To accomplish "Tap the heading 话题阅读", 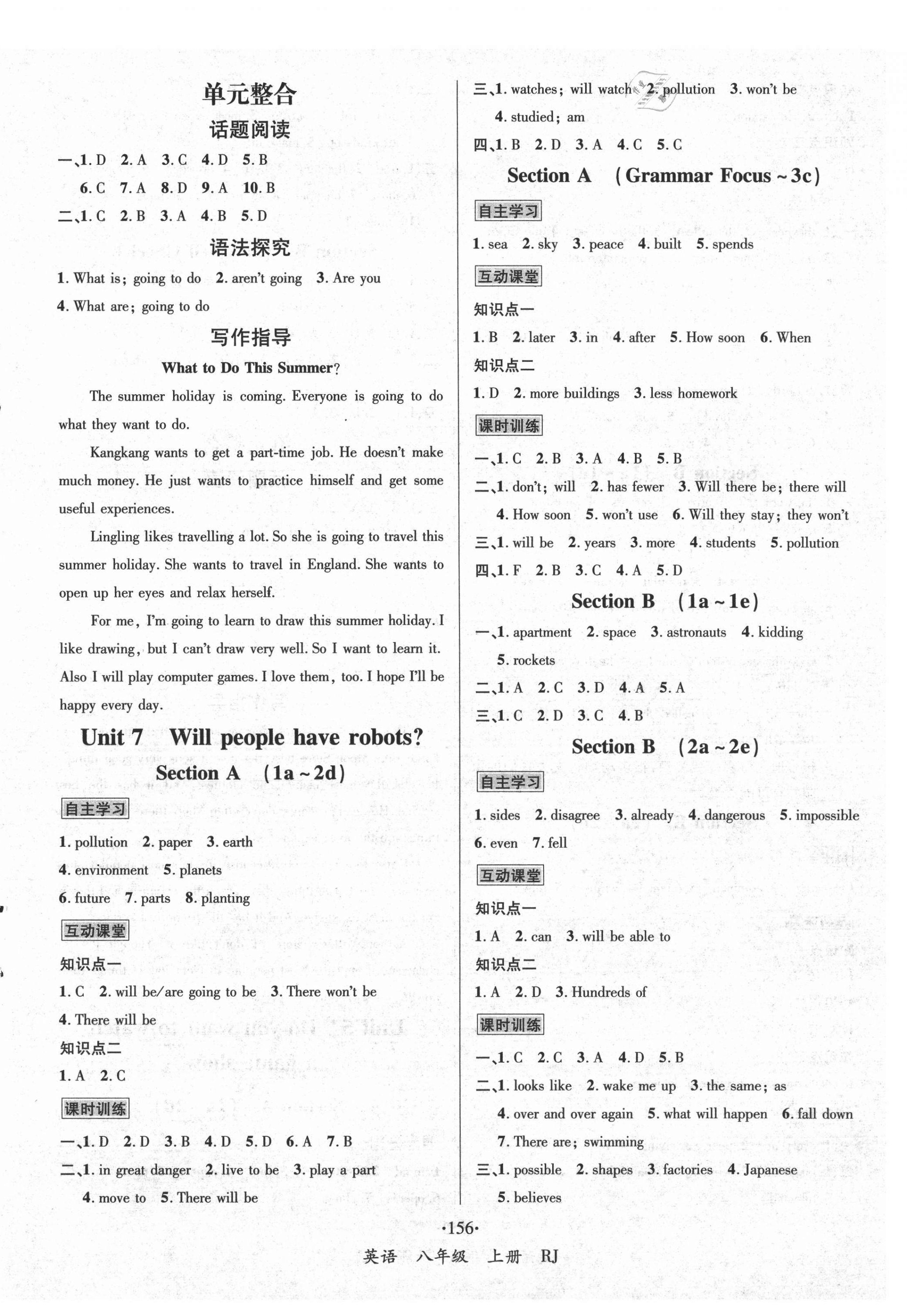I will tap(249, 130).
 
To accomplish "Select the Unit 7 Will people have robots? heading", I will tap(252, 737).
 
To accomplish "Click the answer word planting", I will tap(225, 898).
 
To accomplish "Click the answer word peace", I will tap(606, 244).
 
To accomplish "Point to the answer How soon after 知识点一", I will tap(715, 337).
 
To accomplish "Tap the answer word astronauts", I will tap(696, 632).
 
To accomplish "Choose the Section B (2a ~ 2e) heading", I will tap(665, 746).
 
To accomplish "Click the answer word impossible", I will tap(827, 815).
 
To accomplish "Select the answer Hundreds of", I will tap(609, 992).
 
